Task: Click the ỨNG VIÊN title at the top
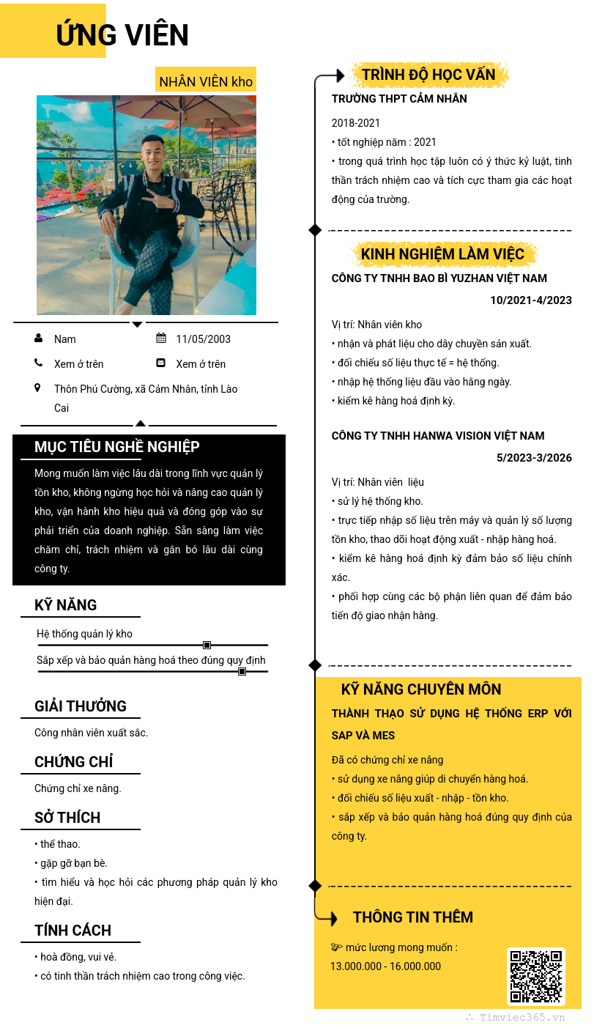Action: pyautogui.click(x=122, y=35)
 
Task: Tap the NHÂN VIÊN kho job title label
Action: pyautogui.click(x=206, y=81)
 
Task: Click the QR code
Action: pyautogui.click(x=536, y=977)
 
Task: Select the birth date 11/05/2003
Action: pyautogui.click(x=203, y=339)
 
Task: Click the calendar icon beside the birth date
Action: pyautogui.click(x=161, y=339)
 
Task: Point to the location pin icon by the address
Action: pyautogui.click(x=38, y=388)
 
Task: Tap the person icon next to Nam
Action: pyautogui.click(x=39, y=339)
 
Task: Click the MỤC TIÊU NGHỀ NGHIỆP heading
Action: pyautogui.click(x=117, y=447)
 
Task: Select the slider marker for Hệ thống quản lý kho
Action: pyautogui.click(x=207, y=645)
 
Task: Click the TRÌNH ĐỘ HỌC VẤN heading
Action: pyautogui.click(x=428, y=75)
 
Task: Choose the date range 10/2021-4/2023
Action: pyautogui.click(x=530, y=300)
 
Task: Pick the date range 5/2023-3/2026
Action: pyautogui.click(x=534, y=458)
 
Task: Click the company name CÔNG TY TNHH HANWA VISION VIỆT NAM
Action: pyautogui.click(x=438, y=436)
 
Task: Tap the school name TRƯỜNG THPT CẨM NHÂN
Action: pyautogui.click(x=399, y=99)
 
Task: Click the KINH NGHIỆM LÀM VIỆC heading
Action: pyautogui.click(x=442, y=254)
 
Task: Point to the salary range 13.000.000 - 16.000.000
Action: pyautogui.click(x=385, y=966)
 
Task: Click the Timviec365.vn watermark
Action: pyautogui.click(x=521, y=1017)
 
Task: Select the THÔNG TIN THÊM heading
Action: pyautogui.click(x=413, y=917)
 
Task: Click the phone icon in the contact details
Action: pyautogui.click(x=39, y=363)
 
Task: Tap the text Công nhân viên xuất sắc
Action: pyautogui.click(x=91, y=733)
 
